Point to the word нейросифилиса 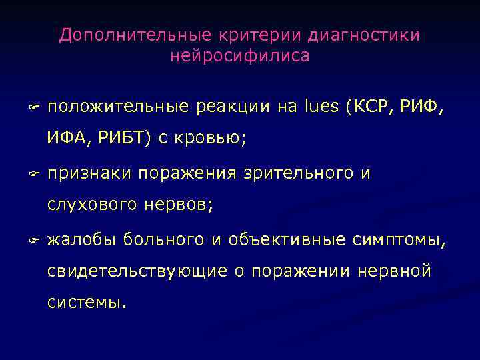click(x=240, y=56)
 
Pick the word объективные click(x=287, y=239)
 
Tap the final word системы click(x=86, y=303)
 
